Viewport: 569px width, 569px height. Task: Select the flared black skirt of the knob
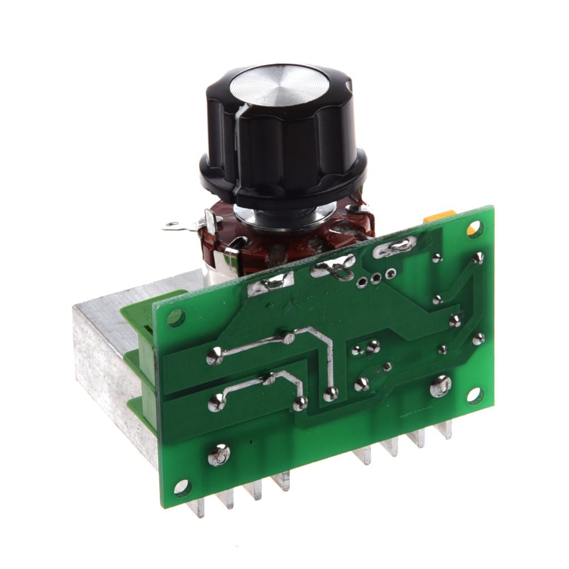pos(283,178)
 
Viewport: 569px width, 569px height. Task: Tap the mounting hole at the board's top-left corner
pos(176,318)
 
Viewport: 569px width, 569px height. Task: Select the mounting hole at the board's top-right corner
pos(475,229)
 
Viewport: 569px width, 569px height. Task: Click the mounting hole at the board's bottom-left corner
pos(182,488)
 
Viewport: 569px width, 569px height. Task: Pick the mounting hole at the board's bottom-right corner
pos(475,395)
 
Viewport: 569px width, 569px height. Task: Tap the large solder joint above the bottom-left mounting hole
pos(219,455)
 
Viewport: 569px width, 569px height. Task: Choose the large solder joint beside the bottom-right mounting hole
pos(441,386)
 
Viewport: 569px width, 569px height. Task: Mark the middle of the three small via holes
pos(376,278)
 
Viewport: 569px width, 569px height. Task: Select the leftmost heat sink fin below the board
pos(197,507)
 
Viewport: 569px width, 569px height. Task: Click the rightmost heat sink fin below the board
pos(445,430)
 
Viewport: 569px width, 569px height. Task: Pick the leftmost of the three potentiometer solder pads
pos(271,284)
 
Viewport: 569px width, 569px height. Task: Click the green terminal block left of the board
pos(139,356)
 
